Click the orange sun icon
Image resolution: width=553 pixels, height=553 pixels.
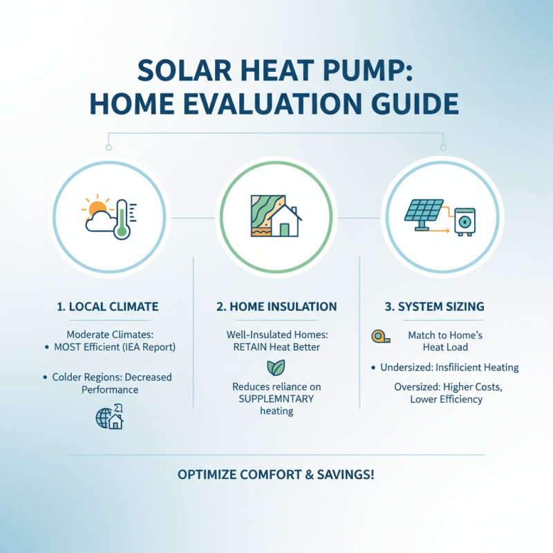[95, 207]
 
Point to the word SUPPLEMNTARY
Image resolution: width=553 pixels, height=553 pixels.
[276, 399]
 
